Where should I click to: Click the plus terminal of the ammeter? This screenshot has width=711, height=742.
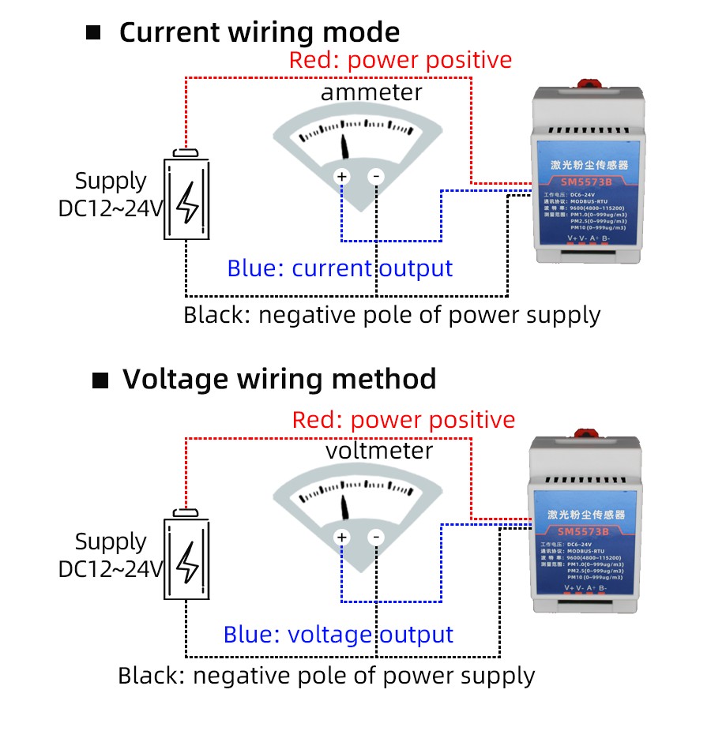(x=342, y=177)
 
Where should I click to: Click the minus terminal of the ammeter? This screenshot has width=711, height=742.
(x=376, y=177)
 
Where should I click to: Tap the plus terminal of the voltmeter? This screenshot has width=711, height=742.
(x=342, y=538)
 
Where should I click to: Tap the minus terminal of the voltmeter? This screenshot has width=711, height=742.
(x=376, y=538)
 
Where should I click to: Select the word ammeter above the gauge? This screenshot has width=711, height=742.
(x=371, y=92)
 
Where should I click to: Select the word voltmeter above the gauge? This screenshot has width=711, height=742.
(x=379, y=451)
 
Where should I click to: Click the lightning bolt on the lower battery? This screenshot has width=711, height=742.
(x=187, y=561)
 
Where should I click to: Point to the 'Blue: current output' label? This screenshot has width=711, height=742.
(x=340, y=268)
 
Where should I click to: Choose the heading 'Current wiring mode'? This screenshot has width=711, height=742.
(x=259, y=33)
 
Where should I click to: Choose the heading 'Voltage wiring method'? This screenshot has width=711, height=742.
(x=279, y=379)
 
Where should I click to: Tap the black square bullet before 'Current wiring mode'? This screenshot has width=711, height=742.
(x=94, y=33)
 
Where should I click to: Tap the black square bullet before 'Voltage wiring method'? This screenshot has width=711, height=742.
(x=100, y=380)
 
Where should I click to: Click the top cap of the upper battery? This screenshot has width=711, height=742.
(x=187, y=152)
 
